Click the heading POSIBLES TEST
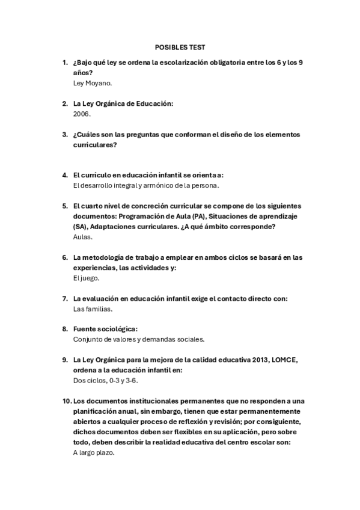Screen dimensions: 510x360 (x=180, y=47)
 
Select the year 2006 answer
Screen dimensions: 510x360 (x=81, y=113)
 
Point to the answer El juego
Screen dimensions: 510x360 (x=86, y=278)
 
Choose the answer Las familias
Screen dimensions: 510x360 (x=93, y=309)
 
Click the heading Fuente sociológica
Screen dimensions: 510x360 (x=105, y=329)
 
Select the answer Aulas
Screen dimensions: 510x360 (x=82, y=237)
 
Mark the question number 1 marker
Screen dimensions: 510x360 (x=65, y=62)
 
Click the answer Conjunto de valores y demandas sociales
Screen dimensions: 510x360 (x=139, y=339)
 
